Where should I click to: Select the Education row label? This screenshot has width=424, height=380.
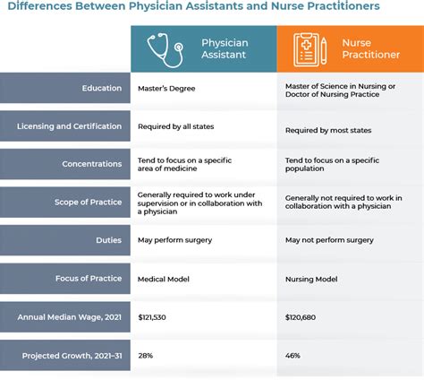[x=101, y=88]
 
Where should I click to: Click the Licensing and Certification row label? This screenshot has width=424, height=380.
[x=69, y=126]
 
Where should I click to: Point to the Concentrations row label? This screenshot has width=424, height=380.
[x=92, y=165]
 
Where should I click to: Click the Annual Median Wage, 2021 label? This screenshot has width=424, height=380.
[x=71, y=317]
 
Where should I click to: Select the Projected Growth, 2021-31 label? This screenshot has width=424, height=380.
[x=72, y=356]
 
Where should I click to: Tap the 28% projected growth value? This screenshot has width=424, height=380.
[x=145, y=356]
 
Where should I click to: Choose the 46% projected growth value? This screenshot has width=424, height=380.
[x=293, y=356]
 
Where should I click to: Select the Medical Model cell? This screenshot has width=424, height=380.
[x=163, y=280]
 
